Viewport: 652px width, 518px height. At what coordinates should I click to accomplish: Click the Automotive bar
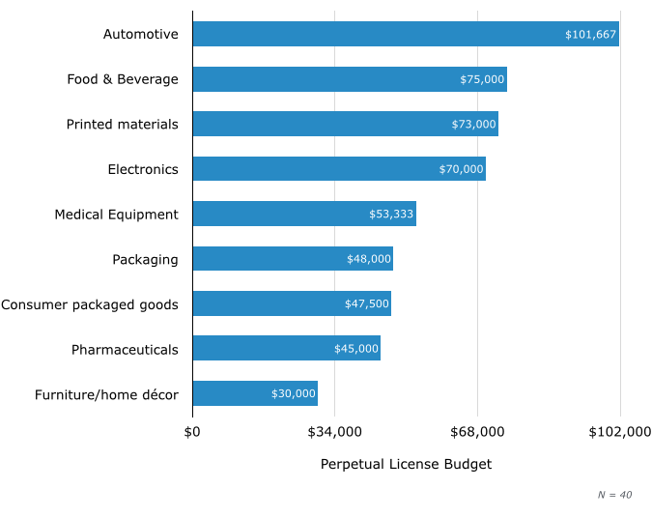click(x=406, y=34)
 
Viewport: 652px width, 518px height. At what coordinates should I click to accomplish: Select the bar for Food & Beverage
click(x=350, y=79)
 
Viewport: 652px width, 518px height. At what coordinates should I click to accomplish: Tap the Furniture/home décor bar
click(x=255, y=393)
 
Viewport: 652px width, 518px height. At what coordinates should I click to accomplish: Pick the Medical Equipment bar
click(x=304, y=214)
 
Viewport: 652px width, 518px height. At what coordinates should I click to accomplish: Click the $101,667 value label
click(x=590, y=35)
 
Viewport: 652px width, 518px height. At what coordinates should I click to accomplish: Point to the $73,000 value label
click(x=473, y=125)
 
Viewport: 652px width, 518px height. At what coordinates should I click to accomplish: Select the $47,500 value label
click(x=367, y=304)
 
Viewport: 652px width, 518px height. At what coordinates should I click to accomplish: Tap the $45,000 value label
click(x=356, y=349)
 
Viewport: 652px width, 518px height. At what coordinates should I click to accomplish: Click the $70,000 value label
click(x=461, y=169)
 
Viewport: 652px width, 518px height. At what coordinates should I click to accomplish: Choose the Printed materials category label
click(x=123, y=124)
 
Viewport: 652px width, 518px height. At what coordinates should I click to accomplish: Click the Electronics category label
click(x=143, y=169)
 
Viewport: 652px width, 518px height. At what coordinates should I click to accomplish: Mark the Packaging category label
click(x=145, y=259)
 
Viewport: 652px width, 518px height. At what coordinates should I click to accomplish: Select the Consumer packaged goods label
click(x=90, y=304)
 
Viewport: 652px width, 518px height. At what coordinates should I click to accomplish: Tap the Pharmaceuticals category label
click(x=125, y=349)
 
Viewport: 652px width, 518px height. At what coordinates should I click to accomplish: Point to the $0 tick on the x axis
click(x=192, y=431)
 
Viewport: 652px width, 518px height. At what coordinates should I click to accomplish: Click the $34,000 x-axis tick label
click(x=334, y=431)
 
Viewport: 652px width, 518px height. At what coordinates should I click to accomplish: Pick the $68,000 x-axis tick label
click(x=477, y=431)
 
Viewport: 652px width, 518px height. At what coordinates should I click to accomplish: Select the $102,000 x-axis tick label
click(x=619, y=431)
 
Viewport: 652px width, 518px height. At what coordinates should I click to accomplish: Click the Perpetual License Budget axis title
click(x=406, y=465)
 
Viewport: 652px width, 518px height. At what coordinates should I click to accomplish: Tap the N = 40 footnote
click(x=614, y=495)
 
